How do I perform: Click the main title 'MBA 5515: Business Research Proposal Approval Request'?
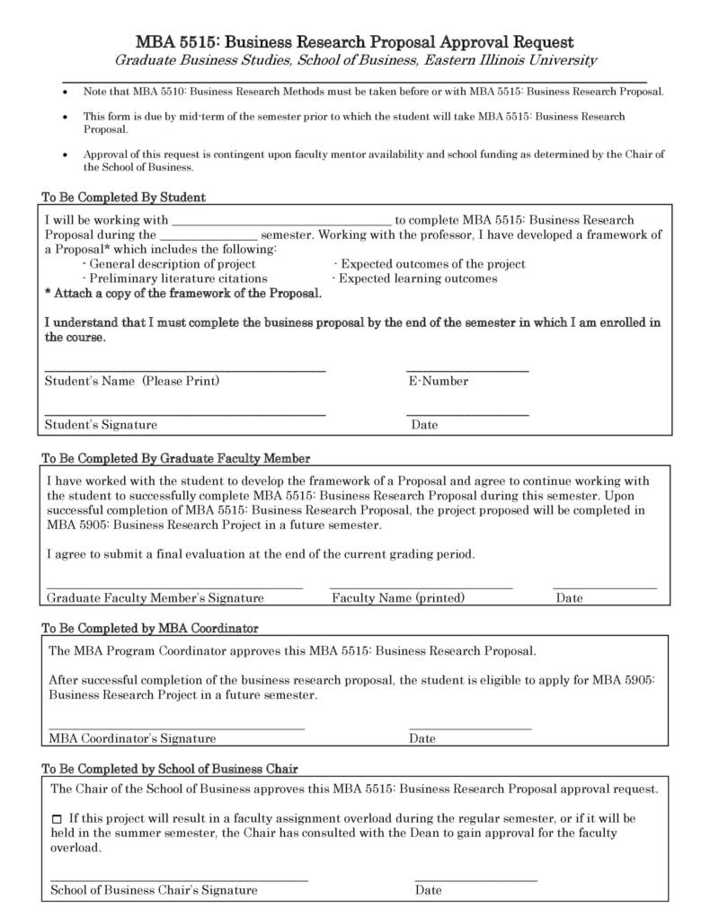click(354, 42)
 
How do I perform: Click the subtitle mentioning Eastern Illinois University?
click(354, 60)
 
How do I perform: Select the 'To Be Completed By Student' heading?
click(123, 197)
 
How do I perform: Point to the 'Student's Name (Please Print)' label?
click(132, 381)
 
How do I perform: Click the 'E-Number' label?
click(438, 381)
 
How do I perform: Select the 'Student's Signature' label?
click(101, 425)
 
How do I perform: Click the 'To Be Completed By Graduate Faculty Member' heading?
click(176, 458)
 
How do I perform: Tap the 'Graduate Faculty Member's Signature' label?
click(155, 598)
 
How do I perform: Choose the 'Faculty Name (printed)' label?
click(398, 598)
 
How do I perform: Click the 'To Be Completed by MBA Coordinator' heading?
click(150, 628)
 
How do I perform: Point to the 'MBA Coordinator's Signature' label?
click(132, 739)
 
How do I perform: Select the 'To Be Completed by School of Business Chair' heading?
click(170, 769)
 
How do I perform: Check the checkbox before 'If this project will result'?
click(58, 819)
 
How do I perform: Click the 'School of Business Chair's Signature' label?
click(154, 890)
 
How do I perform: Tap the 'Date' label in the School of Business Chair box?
click(428, 890)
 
